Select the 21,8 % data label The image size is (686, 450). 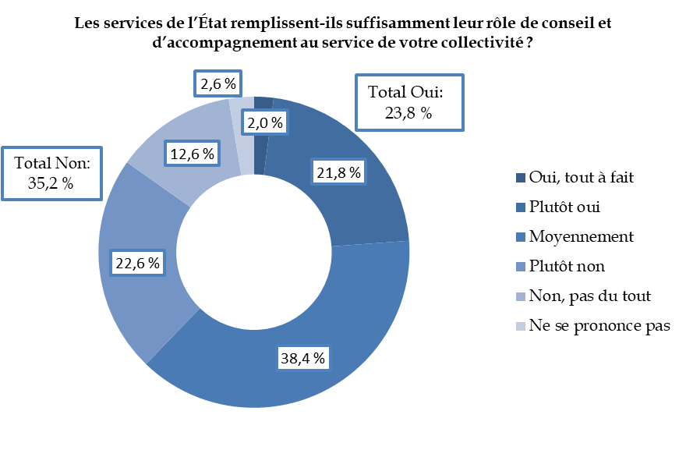tap(338, 173)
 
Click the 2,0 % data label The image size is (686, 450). tap(266, 122)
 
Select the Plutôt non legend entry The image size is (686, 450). tap(567, 266)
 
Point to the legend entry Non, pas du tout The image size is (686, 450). tap(589, 296)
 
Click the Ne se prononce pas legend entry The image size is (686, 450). tap(599, 325)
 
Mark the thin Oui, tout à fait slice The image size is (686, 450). tap(262, 103)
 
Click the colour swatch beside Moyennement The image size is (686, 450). tap(520, 236)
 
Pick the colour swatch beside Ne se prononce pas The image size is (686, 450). tap(520, 325)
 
